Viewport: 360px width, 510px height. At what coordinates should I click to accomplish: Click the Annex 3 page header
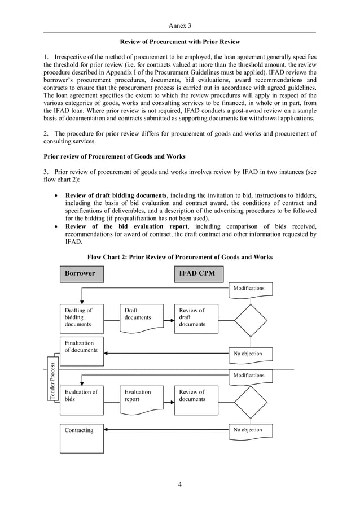(x=180, y=26)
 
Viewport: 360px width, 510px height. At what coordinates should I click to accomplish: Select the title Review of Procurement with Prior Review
(x=180, y=42)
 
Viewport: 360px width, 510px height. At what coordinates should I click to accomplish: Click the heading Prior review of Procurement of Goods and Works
(x=115, y=156)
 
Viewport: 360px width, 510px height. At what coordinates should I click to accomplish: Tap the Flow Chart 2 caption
(x=180, y=257)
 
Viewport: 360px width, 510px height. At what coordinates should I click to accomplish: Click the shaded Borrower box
(x=82, y=273)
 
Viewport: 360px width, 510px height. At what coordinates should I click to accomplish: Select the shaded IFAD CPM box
(x=196, y=273)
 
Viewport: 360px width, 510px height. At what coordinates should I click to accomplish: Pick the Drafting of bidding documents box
(x=82, y=318)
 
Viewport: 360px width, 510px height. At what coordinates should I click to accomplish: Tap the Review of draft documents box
(x=196, y=318)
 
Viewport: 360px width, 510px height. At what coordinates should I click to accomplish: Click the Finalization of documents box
(x=82, y=351)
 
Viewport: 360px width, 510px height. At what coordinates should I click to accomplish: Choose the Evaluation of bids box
(x=82, y=400)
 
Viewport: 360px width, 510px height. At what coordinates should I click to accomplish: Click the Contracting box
(x=82, y=438)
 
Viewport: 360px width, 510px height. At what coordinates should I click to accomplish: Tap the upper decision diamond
(x=250, y=321)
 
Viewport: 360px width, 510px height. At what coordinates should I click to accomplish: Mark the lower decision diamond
(x=250, y=402)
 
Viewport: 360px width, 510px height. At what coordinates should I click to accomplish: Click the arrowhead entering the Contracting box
(x=107, y=430)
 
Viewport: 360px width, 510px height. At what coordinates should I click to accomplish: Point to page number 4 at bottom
(x=180, y=483)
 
